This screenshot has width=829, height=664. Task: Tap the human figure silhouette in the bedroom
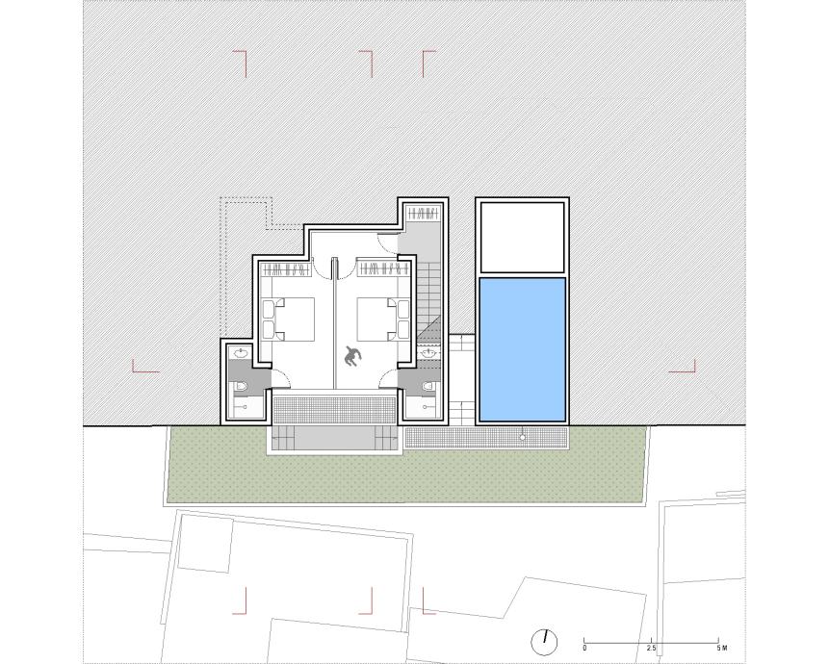[352, 357]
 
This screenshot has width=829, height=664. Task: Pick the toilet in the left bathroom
[242, 387]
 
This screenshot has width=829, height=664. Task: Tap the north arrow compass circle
[544, 642]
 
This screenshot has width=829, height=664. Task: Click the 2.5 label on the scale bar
[651, 649]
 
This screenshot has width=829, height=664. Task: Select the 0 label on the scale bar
[584, 649]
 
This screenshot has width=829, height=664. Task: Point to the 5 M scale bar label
[722, 649]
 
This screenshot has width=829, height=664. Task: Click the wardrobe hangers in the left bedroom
[286, 270]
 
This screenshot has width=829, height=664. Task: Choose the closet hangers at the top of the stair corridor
[423, 214]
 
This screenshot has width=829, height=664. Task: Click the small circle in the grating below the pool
[523, 438]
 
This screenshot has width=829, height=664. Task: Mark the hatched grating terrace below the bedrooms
[334, 410]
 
